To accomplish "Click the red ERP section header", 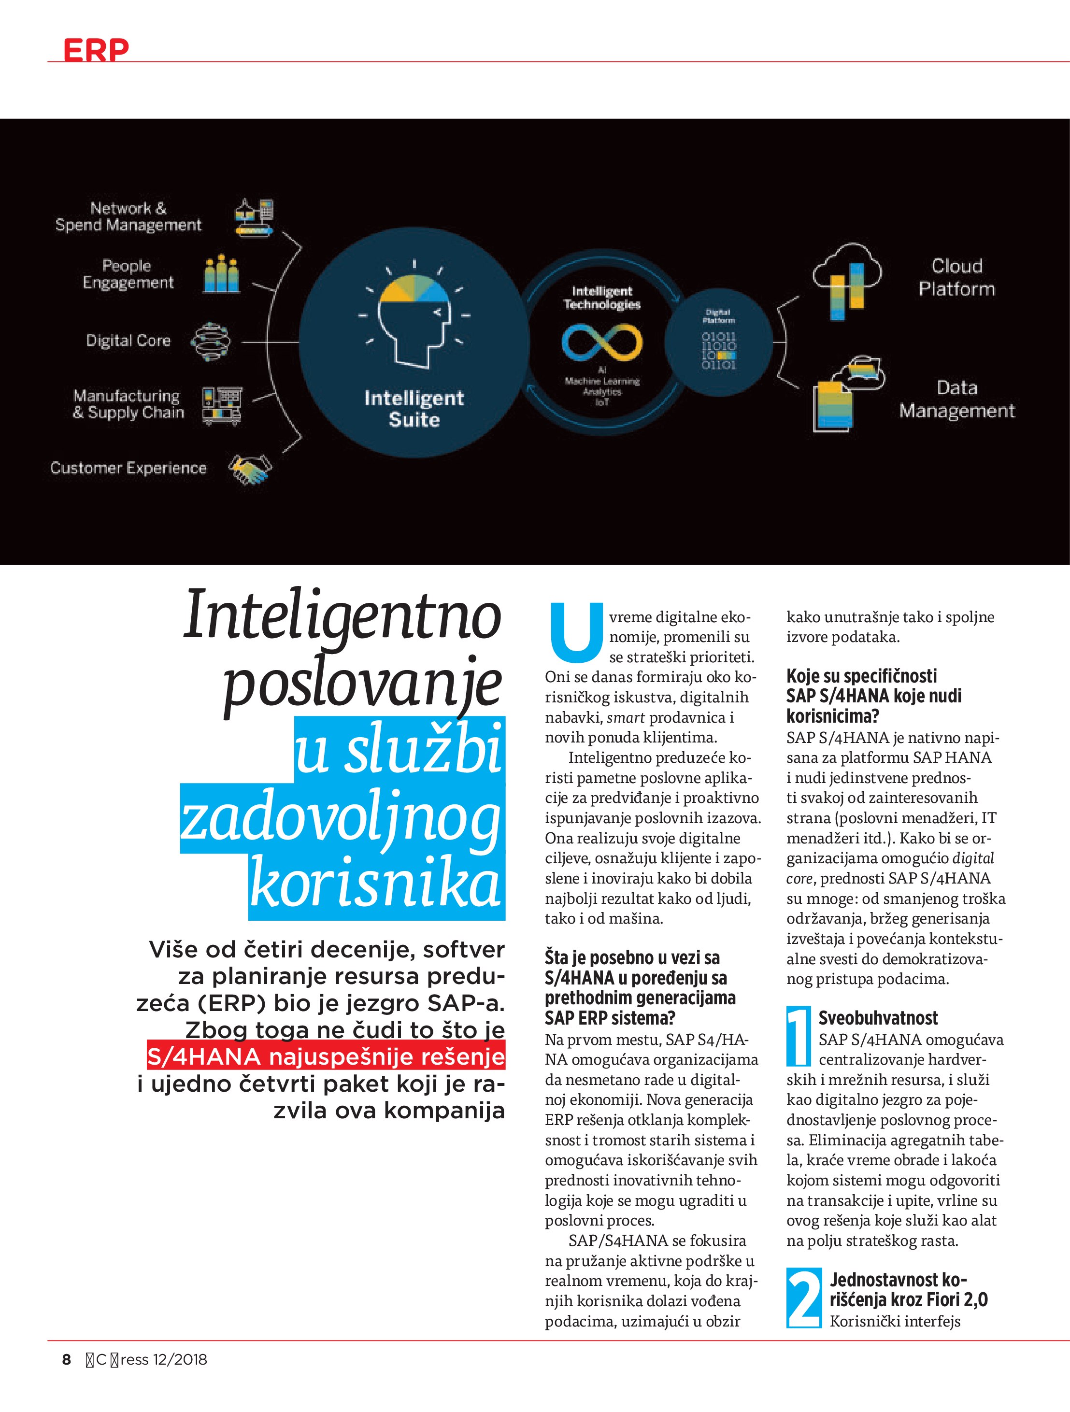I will [x=96, y=50].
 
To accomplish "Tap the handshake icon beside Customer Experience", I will [x=250, y=469].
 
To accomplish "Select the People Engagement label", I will [x=128, y=274].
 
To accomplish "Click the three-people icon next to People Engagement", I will [x=222, y=274].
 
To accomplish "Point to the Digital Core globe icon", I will [x=211, y=342].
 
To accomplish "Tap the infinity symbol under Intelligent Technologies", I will [x=602, y=341].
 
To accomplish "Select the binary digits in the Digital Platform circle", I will [x=719, y=350].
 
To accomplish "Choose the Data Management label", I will [x=956, y=399].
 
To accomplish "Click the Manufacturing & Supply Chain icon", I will [x=222, y=405].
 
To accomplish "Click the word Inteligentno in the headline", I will [x=343, y=615].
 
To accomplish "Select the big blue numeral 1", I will [x=799, y=1037].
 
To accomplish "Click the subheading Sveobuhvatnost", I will [x=878, y=1017].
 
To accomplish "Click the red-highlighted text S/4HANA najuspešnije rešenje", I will [x=326, y=1057].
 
